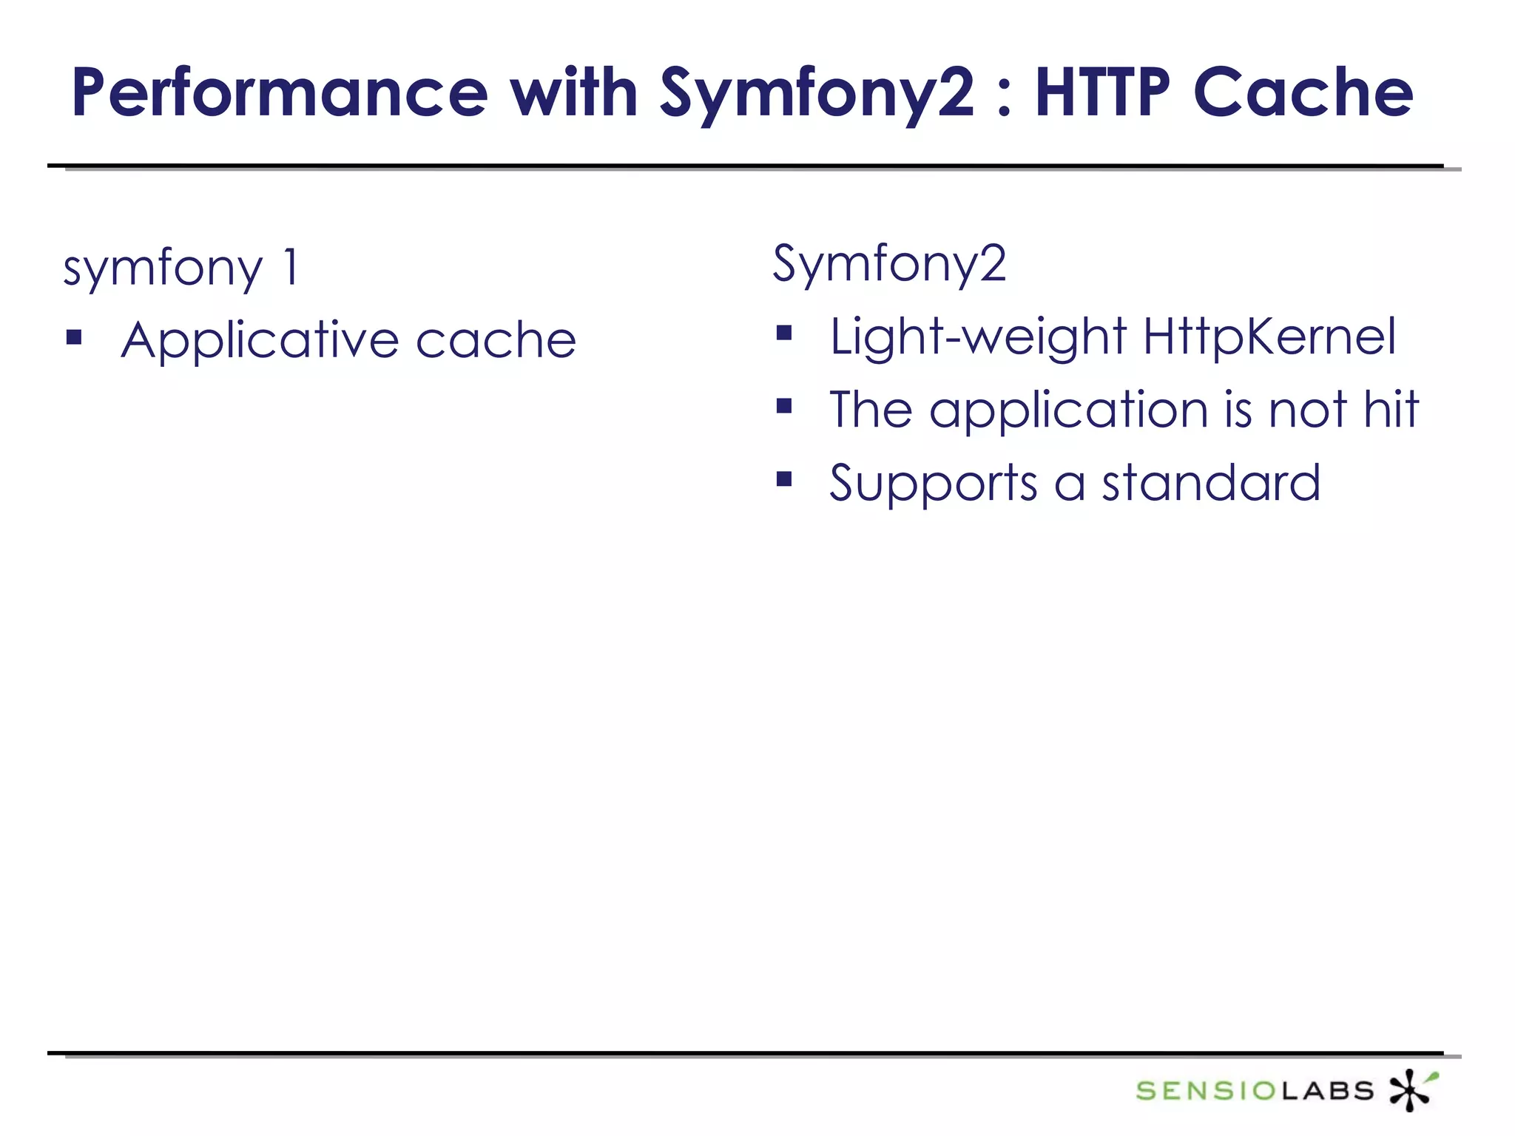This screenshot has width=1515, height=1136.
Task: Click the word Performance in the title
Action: [x=280, y=94]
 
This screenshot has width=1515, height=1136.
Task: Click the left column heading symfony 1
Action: [x=181, y=268]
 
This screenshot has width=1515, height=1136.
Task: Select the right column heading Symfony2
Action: [x=889, y=263]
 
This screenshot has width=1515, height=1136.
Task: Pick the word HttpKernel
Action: [x=1269, y=337]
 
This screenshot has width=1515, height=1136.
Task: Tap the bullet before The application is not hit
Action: [x=784, y=406]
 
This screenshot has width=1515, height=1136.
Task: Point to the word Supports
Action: [x=934, y=484]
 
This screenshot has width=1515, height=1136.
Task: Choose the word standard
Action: [x=1211, y=483]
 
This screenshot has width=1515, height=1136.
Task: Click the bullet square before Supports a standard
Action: [x=784, y=479]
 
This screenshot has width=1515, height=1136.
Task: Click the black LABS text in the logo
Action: [x=1327, y=1091]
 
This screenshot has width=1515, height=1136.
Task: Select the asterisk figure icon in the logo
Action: [x=1411, y=1089]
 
